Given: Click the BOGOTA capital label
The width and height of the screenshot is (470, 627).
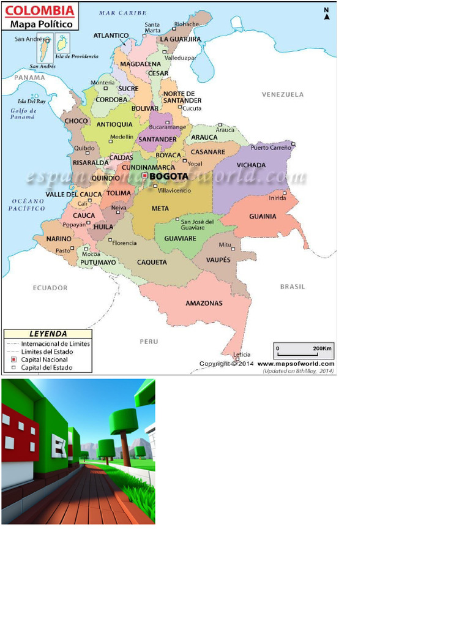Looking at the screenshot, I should tap(168, 176).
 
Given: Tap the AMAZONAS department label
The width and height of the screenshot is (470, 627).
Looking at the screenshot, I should tap(204, 303).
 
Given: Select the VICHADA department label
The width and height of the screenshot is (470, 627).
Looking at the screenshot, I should tap(251, 165).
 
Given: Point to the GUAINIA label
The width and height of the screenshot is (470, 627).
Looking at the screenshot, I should tap(263, 216).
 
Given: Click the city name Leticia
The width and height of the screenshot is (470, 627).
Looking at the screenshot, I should tap(242, 355).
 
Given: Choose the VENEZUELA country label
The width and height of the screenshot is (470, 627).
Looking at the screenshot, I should tap(283, 94).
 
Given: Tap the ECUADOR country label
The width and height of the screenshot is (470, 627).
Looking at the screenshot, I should tap(50, 288).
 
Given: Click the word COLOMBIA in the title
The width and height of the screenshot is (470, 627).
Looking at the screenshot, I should tap(40, 11).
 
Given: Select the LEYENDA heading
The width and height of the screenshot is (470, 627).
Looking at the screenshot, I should tap(48, 334).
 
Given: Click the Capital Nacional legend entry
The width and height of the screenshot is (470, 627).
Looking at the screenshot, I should tap(45, 360).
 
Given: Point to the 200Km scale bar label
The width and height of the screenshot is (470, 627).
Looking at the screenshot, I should tap(322, 348).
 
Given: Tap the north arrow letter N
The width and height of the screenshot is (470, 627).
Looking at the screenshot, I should tap(326, 10).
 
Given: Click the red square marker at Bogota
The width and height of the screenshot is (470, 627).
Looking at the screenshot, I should tap(145, 176).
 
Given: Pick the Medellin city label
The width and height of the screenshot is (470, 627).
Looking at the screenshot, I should tap(121, 137).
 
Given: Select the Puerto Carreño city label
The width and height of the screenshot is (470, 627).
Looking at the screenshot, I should tap(271, 148).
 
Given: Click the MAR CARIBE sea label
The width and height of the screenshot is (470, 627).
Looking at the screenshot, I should tap(122, 13).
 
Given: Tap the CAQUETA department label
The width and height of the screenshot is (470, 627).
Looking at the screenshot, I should tap(152, 262).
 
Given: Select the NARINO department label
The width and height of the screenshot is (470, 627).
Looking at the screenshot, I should tap(59, 239).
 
